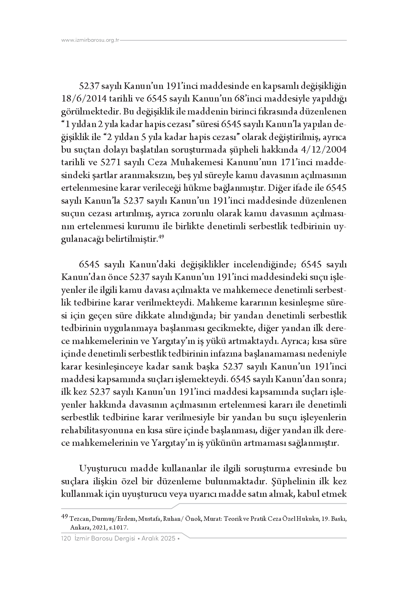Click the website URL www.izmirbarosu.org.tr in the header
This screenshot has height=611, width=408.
90,40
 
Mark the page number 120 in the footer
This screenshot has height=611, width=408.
66,539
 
